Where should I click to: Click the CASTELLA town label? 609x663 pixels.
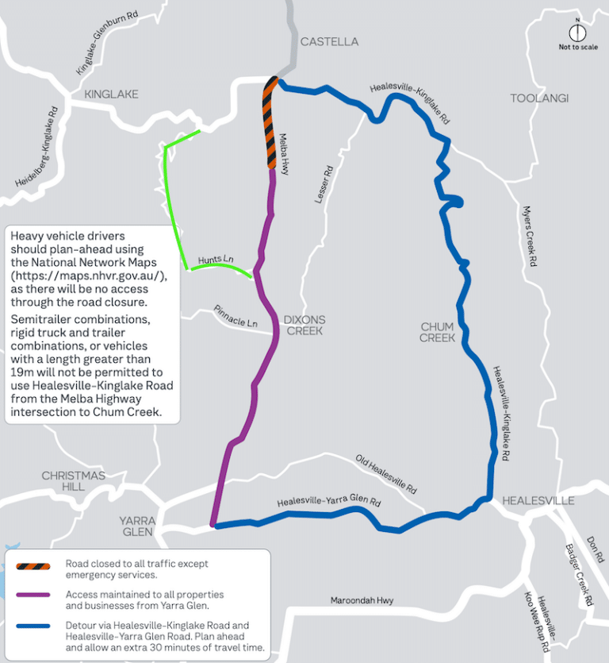pyautogui.click(x=329, y=41)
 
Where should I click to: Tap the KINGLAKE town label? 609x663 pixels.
pyautogui.click(x=111, y=94)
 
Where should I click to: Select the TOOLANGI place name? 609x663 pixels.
pyautogui.click(x=539, y=98)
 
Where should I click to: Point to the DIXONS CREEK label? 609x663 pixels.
pyautogui.click(x=304, y=325)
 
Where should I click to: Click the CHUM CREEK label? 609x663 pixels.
pyautogui.click(x=438, y=332)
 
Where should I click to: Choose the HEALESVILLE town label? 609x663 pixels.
pyautogui.click(x=538, y=501)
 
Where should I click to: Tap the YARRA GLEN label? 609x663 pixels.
pyautogui.click(x=138, y=526)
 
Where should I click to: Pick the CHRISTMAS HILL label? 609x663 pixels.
pyautogui.click(x=73, y=480)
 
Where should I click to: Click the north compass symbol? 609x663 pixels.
pyautogui.click(x=578, y=33)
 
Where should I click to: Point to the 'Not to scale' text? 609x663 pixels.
pyautogui.click(x=578, y=47)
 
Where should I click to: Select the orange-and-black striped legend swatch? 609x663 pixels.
pyautogui.click(x=33, y=567)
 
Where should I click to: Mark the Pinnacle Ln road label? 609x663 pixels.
pyautogui.click(x=236, y=316)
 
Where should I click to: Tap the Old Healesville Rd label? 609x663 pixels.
pyautogui.click(x=386, y=474)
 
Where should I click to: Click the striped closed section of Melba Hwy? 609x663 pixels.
pyautogui.click(x=270, y=123)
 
